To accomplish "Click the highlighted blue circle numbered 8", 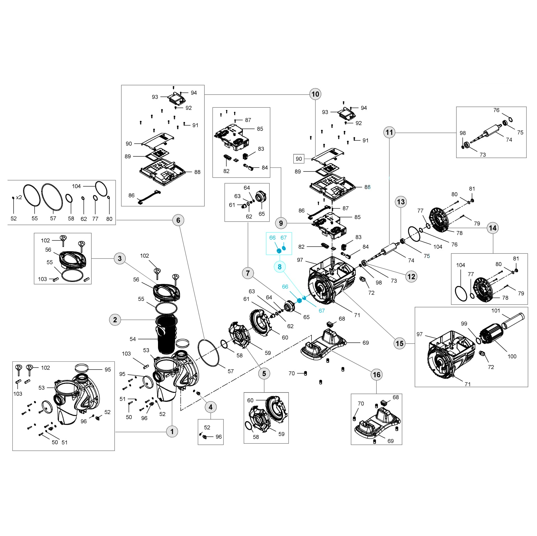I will tap(280, 267).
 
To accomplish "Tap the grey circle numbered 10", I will tap(315, 94).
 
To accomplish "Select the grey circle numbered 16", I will tap(376, 375).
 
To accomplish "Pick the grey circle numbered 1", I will tap(172, 431).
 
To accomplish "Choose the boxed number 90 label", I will tap(299, 159).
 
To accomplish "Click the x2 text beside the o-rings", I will tap(19, 197).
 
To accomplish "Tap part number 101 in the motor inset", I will tap(496, 311).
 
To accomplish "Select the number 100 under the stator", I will tap(512, 356).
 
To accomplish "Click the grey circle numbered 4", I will tap(211, 407).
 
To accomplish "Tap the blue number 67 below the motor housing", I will tap(322, 311).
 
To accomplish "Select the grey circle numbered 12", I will tap(411, 277).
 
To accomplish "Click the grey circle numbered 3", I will tap(120, 258).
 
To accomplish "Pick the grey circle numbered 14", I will tap(493, 228).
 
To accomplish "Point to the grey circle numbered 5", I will tap(264, 373).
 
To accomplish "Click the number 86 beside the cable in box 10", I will tap(131, 195).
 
